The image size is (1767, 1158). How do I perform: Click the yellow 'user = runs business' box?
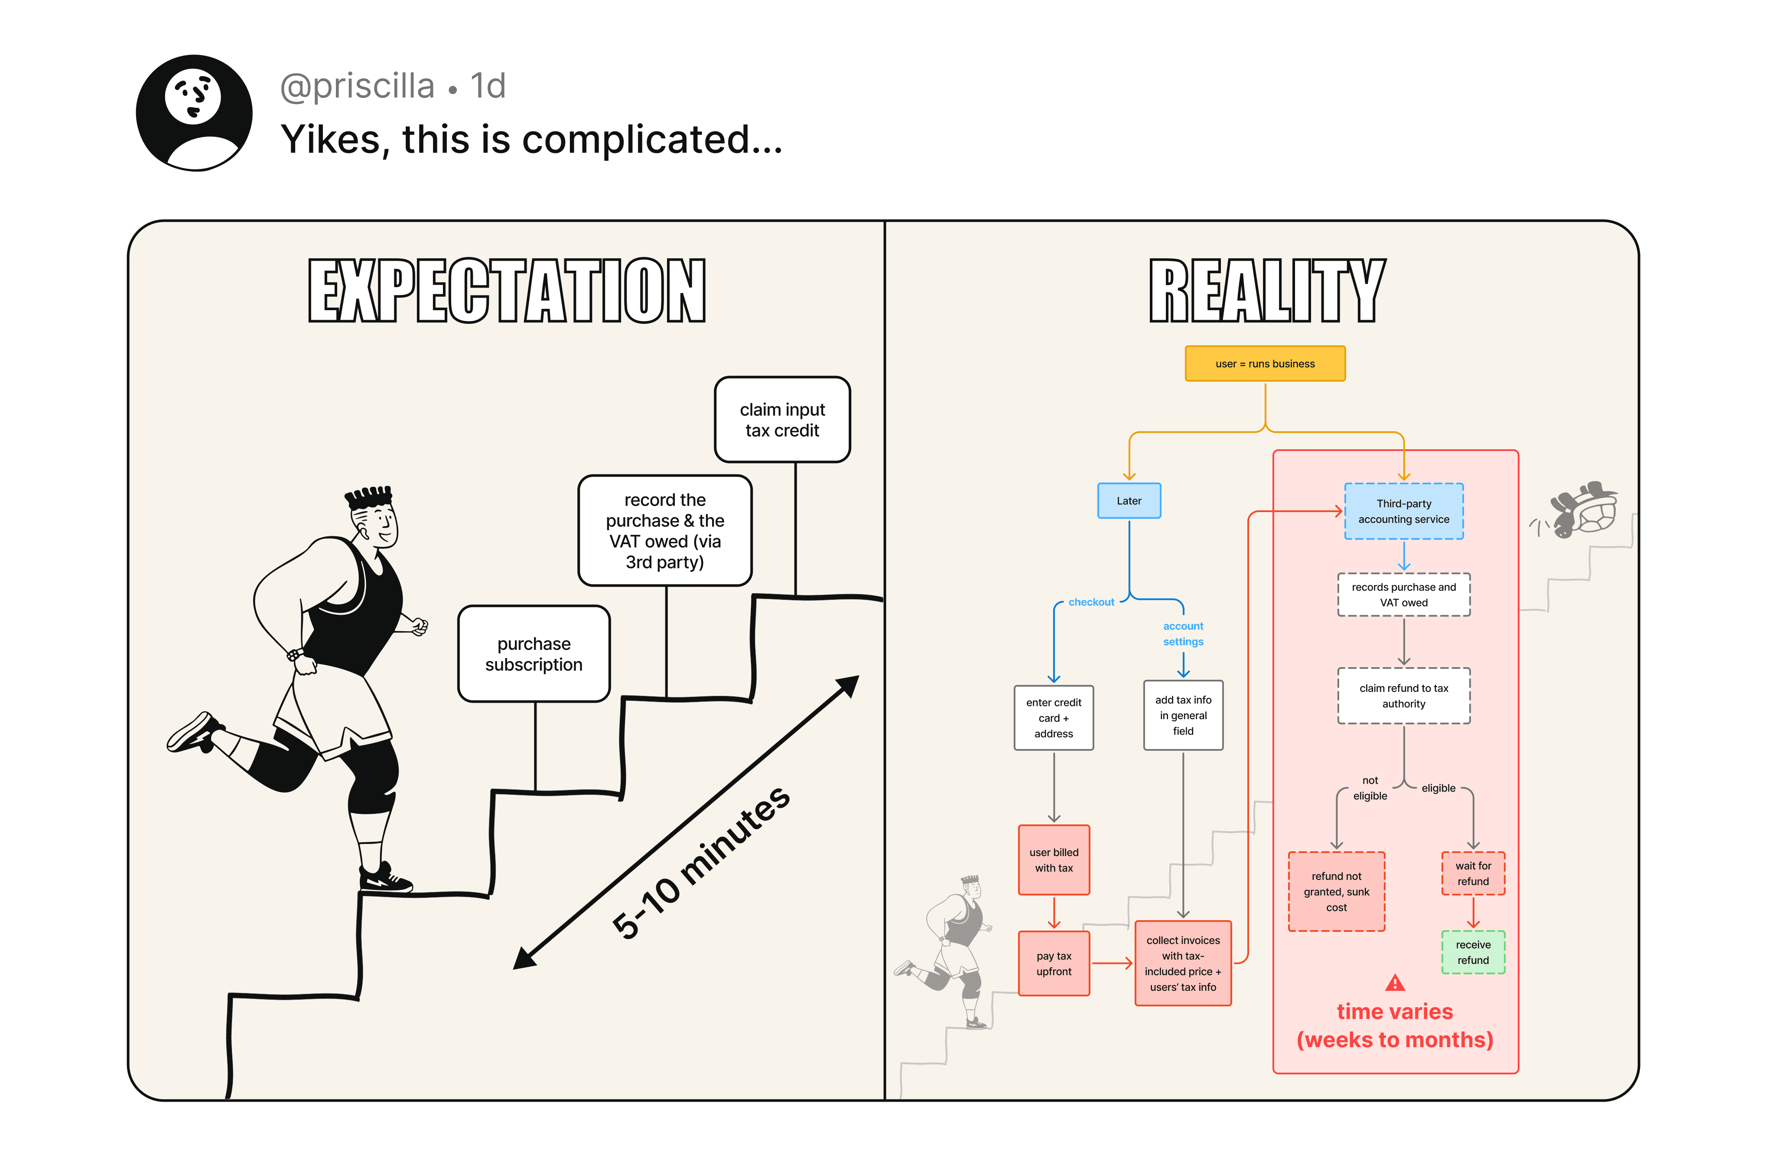1265,364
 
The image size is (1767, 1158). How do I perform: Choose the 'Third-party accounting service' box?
1403,512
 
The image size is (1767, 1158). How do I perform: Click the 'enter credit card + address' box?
1054,718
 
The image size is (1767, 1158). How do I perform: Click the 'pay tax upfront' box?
1054,963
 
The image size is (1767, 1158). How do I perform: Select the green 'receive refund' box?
1473,952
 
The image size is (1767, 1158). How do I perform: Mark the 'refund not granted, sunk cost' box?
1336,892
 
